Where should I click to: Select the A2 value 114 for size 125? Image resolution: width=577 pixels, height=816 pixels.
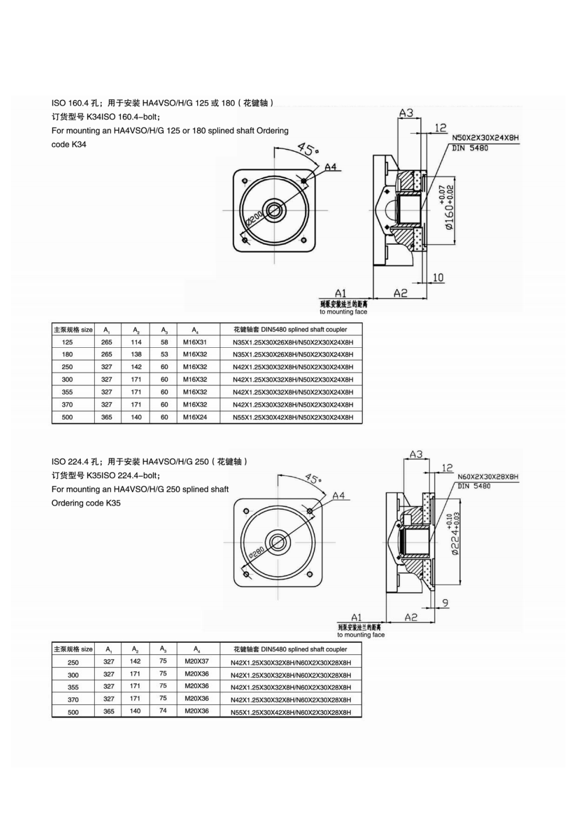[136, 342]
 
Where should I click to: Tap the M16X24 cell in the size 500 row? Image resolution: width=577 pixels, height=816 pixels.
[195, 417]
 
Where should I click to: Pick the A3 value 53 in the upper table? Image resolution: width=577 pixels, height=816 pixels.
[164, 354]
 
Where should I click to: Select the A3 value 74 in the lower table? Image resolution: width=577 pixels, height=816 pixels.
[163, 710]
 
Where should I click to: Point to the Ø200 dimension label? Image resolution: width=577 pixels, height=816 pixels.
[254, 220]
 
